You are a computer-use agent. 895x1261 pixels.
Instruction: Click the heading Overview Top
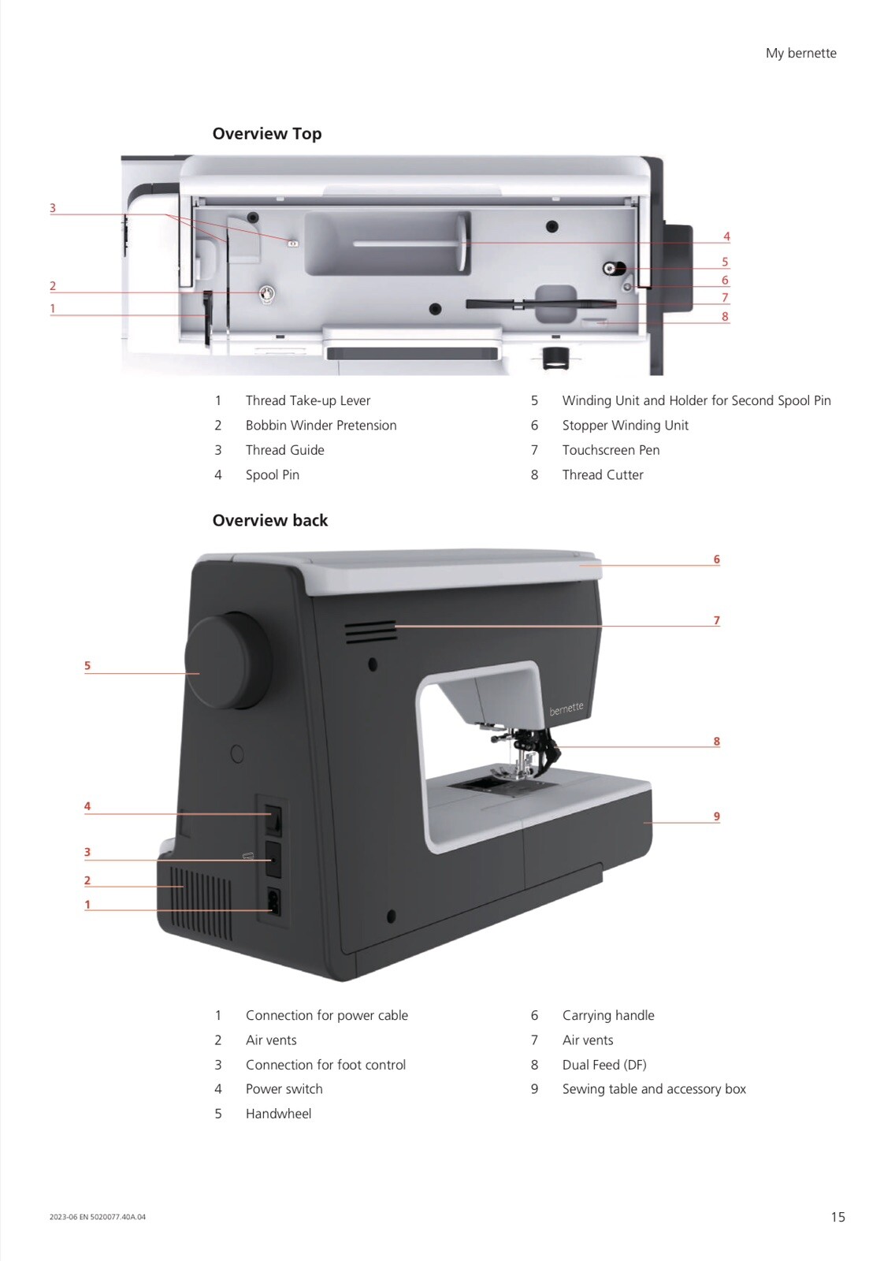pyautogui.click(x=267, y=133)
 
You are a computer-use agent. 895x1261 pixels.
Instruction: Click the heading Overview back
pyautogui.click(x=269, y=520)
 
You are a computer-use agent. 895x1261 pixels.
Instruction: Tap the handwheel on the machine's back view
pyautogui.click(x=228, y=662)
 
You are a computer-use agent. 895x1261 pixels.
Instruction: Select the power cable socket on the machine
pyautogui.click(x=273, y=902)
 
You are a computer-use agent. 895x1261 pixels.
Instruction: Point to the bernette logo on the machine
pyautogui.click(x=566, y=708)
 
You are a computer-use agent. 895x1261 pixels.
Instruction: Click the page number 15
pyautogui.click(x=837, y=1217)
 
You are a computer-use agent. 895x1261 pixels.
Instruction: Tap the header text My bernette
pyautogui.click(x=800, y=53)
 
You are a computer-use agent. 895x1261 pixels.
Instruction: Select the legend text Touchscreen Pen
pyautogui.click(x=611, y=450)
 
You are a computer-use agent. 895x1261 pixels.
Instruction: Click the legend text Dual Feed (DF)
pyautogui.click(x=604, y=1065)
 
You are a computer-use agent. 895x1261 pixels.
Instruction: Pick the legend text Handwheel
pyautogui.click(x=278, y=1114)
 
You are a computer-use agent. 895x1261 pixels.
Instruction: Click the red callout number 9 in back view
pyautogui.click(x=717, y=816)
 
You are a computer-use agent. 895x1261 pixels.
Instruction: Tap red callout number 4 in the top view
pyautogui.click(x=726, y=236)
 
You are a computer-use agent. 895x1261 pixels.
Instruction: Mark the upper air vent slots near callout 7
pyautogui.click(x=371, y=631)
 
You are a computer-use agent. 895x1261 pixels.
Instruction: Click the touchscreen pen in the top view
pyautogui.click(x=541, y=304)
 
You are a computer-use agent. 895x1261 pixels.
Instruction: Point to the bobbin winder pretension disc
pyautogui.click(x=267, y=293)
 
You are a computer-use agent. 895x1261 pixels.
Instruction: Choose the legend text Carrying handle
pyautogui.click(x=608, y=1015)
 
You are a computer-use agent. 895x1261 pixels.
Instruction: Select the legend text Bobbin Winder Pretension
pyautogui.click(x=321, y=425)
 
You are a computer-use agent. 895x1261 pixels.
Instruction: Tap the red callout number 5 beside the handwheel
pyautogui.click(x=87, y=665)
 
